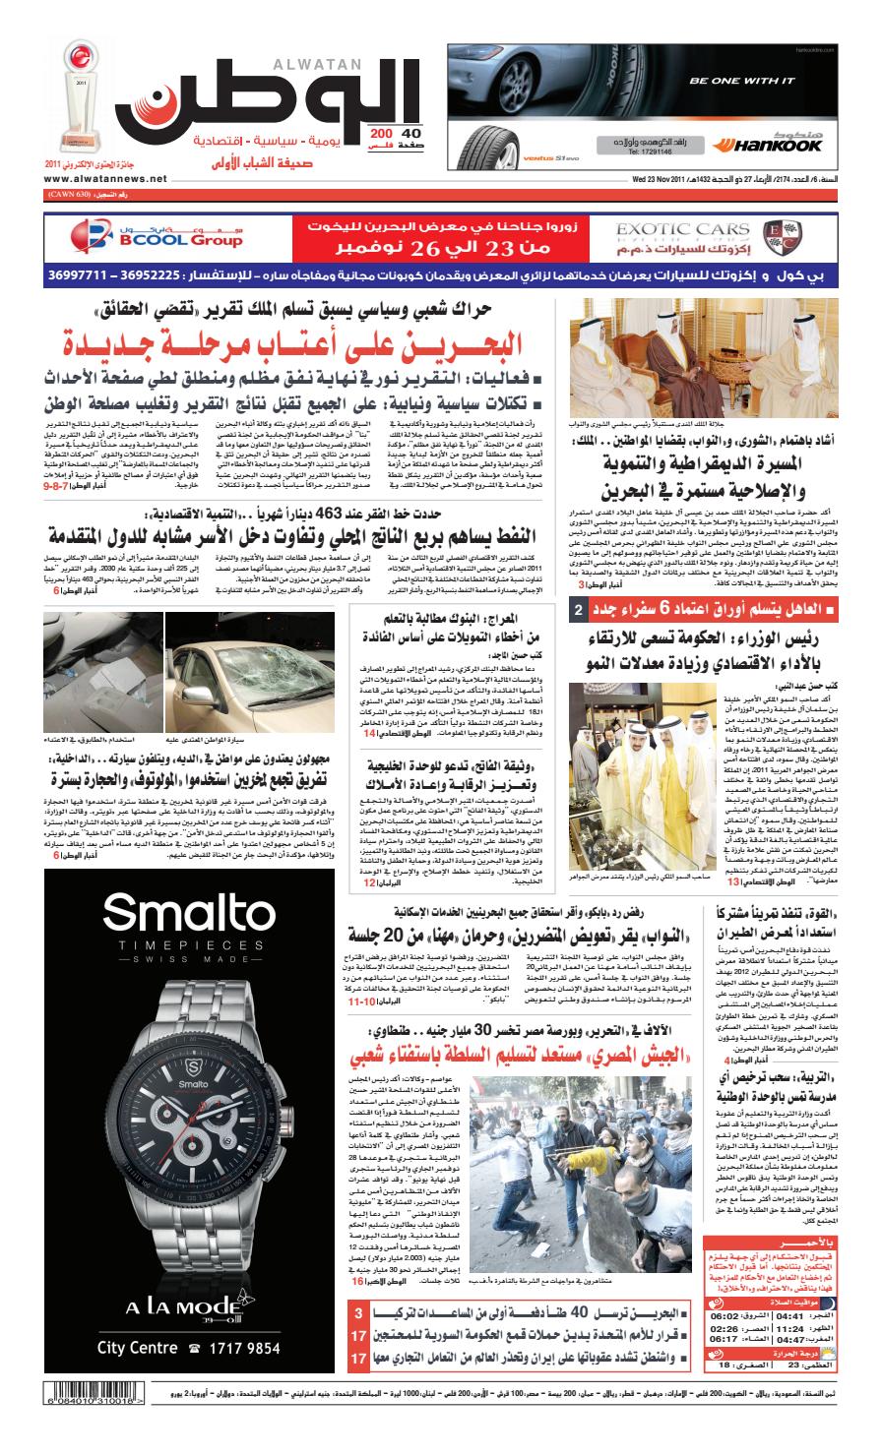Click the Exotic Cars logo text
(670, 229)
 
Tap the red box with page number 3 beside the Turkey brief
(359, 1313)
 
